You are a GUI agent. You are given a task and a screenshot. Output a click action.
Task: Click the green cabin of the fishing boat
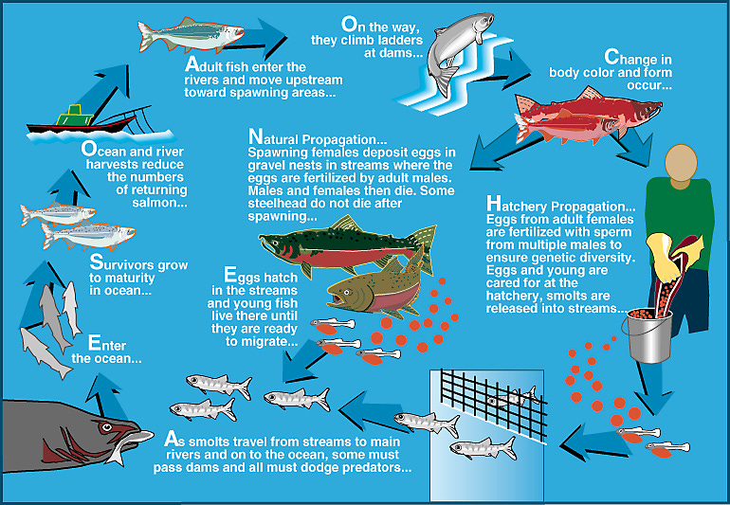[75, 116]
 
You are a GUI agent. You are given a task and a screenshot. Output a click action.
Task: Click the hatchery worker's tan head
[681, 163]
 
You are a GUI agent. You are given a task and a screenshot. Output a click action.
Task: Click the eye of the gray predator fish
[106, 426]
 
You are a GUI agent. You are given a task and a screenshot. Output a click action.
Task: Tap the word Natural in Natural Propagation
[273, 138]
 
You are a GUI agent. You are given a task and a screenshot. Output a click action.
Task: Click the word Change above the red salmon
[626, 58]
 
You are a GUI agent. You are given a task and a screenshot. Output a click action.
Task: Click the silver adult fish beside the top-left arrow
[191, 34]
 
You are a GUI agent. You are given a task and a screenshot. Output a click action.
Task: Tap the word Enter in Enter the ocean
[107, 345]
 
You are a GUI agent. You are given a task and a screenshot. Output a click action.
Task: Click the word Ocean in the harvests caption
[103, 151]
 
